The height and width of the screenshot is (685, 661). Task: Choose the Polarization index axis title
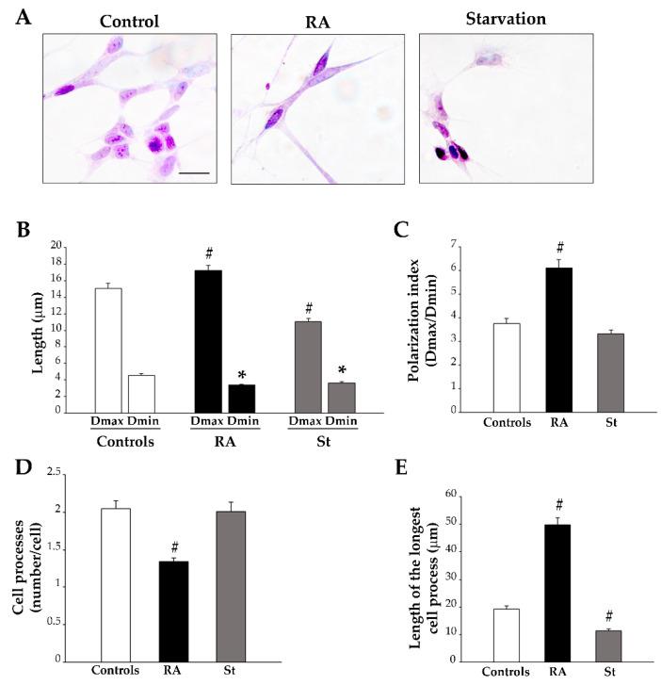427,327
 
